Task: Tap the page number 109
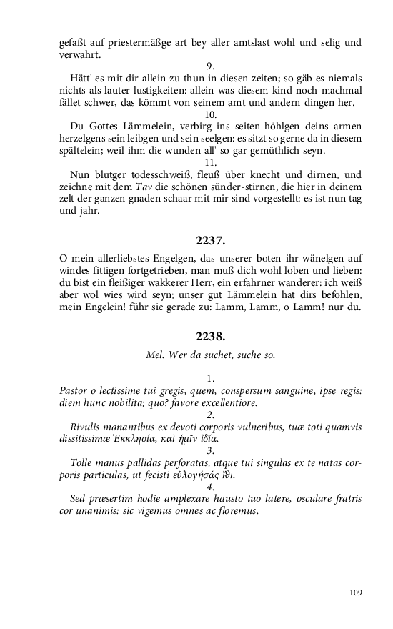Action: tap(357, 592)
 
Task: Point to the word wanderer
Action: tap(296, 284)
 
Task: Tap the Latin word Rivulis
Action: tap(89, 427)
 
